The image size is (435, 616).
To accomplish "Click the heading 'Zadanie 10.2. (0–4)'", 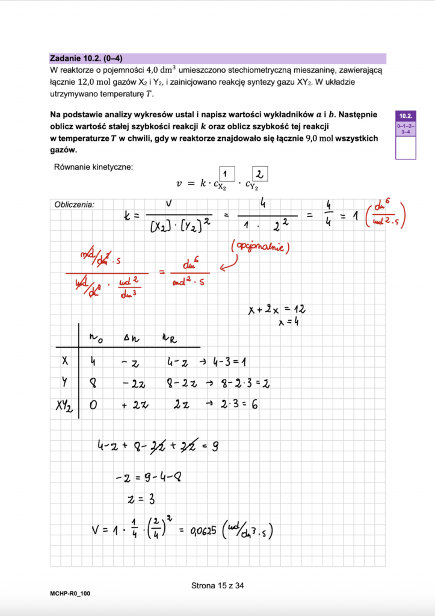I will [x=88, y=58].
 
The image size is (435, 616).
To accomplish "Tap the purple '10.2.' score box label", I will [x=405, y=115].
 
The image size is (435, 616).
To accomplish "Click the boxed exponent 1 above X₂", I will [x=227, y=172].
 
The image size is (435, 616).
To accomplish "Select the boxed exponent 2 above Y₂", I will [x=259, y=174].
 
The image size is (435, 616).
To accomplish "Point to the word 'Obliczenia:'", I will [x=74, y=204].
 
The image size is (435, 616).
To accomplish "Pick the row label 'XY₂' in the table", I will [x=63, y=406].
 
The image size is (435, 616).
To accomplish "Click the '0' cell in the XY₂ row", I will [x=93, y=405].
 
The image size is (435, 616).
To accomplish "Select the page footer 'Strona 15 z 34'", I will [x=217, y=585].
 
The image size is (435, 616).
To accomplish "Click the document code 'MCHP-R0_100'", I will [x=70, y=594].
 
